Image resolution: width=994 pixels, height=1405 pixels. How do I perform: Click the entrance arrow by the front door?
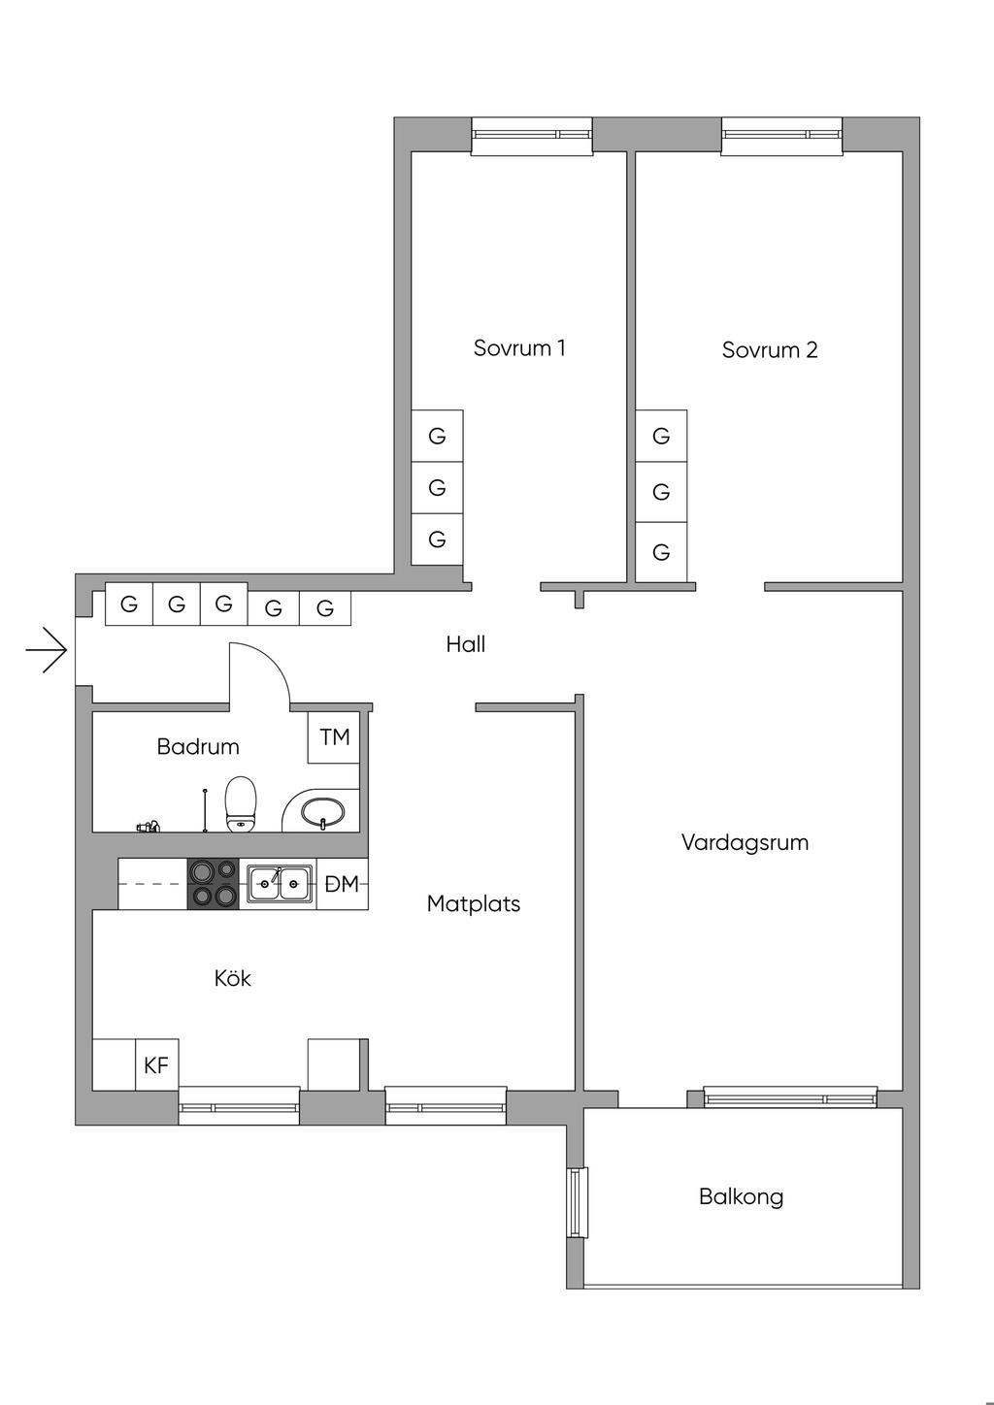[46, 650]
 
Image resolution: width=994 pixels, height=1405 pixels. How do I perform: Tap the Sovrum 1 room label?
[519, 347]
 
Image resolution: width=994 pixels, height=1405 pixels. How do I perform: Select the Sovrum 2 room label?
[770, 349]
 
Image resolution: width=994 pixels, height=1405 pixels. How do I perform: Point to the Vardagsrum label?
[745, 842]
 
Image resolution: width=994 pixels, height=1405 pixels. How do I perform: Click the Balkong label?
[741, 1196]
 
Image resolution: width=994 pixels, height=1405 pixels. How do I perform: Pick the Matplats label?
[473, 904]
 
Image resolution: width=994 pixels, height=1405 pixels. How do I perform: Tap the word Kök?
[232, 978]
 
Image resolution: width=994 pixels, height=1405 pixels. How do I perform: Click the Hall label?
[466, 644]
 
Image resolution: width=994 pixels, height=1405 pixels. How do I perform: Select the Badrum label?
[198, 746]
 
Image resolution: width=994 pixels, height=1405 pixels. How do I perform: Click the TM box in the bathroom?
[333, 737]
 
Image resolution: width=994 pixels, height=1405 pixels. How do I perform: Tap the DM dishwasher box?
[342, 884]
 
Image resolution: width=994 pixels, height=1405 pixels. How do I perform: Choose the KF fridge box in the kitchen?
[157, 1065]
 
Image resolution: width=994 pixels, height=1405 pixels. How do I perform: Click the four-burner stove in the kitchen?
[214, 884]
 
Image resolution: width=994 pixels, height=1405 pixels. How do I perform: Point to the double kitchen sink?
[280, 883]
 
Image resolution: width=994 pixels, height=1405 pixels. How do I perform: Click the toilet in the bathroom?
[241, 804]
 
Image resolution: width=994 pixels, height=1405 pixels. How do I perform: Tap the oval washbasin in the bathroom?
[322, 813]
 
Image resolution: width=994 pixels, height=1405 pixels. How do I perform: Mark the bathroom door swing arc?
[271, 659]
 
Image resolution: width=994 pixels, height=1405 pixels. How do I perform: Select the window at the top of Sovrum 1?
[532, 136]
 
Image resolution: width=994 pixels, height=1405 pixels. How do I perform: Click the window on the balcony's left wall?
[578, 1202]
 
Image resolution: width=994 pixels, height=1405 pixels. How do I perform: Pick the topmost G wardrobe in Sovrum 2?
[661, 436]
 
